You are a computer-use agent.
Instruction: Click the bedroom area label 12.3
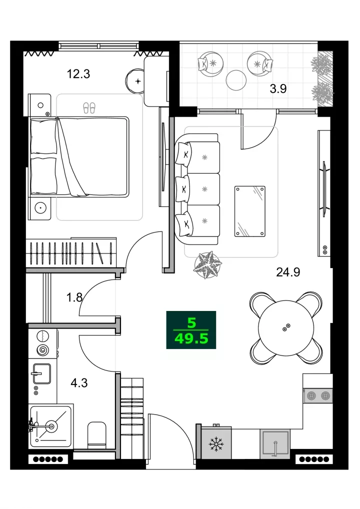[x=78, y=74]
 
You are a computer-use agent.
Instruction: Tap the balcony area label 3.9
[x=278, y=88]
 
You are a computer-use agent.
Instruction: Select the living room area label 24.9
[x=288, y=271]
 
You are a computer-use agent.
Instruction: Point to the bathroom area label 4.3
[x=79, y=382]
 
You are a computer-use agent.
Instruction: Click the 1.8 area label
[x=74, y=297]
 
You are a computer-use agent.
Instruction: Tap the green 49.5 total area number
[x=191, y=339]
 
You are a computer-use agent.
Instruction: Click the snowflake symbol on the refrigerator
[x=216, y=444]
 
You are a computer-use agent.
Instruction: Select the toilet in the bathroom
[x=96, y=435]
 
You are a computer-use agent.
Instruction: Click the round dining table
[x=286, y=327]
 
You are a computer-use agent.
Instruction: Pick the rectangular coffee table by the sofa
[x=250, y=211]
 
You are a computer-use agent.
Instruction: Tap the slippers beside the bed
[x=89, y=108]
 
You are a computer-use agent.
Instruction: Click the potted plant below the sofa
[x=208, y=265]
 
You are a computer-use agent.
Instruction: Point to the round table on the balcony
[x=236, y=80]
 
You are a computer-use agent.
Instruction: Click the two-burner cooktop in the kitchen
[x=318, y=395]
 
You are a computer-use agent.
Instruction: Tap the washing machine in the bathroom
[x=43, y=343]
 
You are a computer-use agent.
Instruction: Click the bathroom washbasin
[x=41, y=373]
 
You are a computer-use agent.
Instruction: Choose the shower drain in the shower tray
[x=51, y=425]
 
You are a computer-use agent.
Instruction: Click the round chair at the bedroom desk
[x=135, y=81]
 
